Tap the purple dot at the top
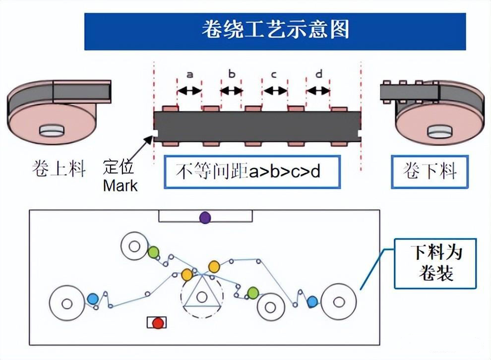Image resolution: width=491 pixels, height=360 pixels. point(205,217)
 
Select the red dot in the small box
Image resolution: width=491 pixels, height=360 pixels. point(158,323)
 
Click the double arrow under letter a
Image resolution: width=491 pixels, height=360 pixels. point(189,91)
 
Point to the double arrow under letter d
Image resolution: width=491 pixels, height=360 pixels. point(318,91)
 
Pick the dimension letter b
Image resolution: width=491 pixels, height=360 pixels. point(232,74)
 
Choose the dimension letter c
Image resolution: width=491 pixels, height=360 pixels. point(274,74)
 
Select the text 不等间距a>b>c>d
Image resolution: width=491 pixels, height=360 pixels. point(252,172)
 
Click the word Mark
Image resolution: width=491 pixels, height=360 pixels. point(120,186)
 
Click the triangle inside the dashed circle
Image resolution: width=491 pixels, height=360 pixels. point(201,296)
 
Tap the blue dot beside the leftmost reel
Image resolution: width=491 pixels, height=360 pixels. point(92,299)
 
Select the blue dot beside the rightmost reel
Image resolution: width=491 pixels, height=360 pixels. point(312,301)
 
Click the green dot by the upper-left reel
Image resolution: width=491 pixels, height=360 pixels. point(153,252)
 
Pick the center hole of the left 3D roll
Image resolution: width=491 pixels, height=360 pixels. point(52,131)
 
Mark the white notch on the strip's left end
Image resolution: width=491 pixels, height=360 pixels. point(155,133)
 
